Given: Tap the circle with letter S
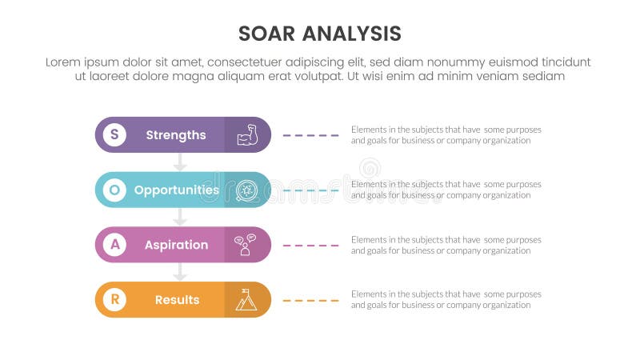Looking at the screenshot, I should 114,134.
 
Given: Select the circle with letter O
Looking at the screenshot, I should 114,190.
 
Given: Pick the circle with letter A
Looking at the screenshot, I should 114,245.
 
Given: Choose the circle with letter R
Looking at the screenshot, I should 114,300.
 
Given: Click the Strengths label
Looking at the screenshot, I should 176,134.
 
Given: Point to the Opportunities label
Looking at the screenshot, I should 176,190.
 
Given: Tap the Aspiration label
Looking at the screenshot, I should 176,245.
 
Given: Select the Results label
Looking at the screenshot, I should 177,300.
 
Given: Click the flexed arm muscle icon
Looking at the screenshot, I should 246,134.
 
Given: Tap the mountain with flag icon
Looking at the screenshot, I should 246,300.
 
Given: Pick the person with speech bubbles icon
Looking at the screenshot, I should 246,245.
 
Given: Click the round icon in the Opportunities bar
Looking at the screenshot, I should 246,190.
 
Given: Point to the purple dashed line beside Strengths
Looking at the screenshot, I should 311,135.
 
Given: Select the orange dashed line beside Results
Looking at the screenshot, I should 311,301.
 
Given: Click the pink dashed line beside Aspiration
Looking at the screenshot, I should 311,246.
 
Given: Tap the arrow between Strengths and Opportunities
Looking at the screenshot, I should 180,162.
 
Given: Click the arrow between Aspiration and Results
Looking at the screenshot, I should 180,273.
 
